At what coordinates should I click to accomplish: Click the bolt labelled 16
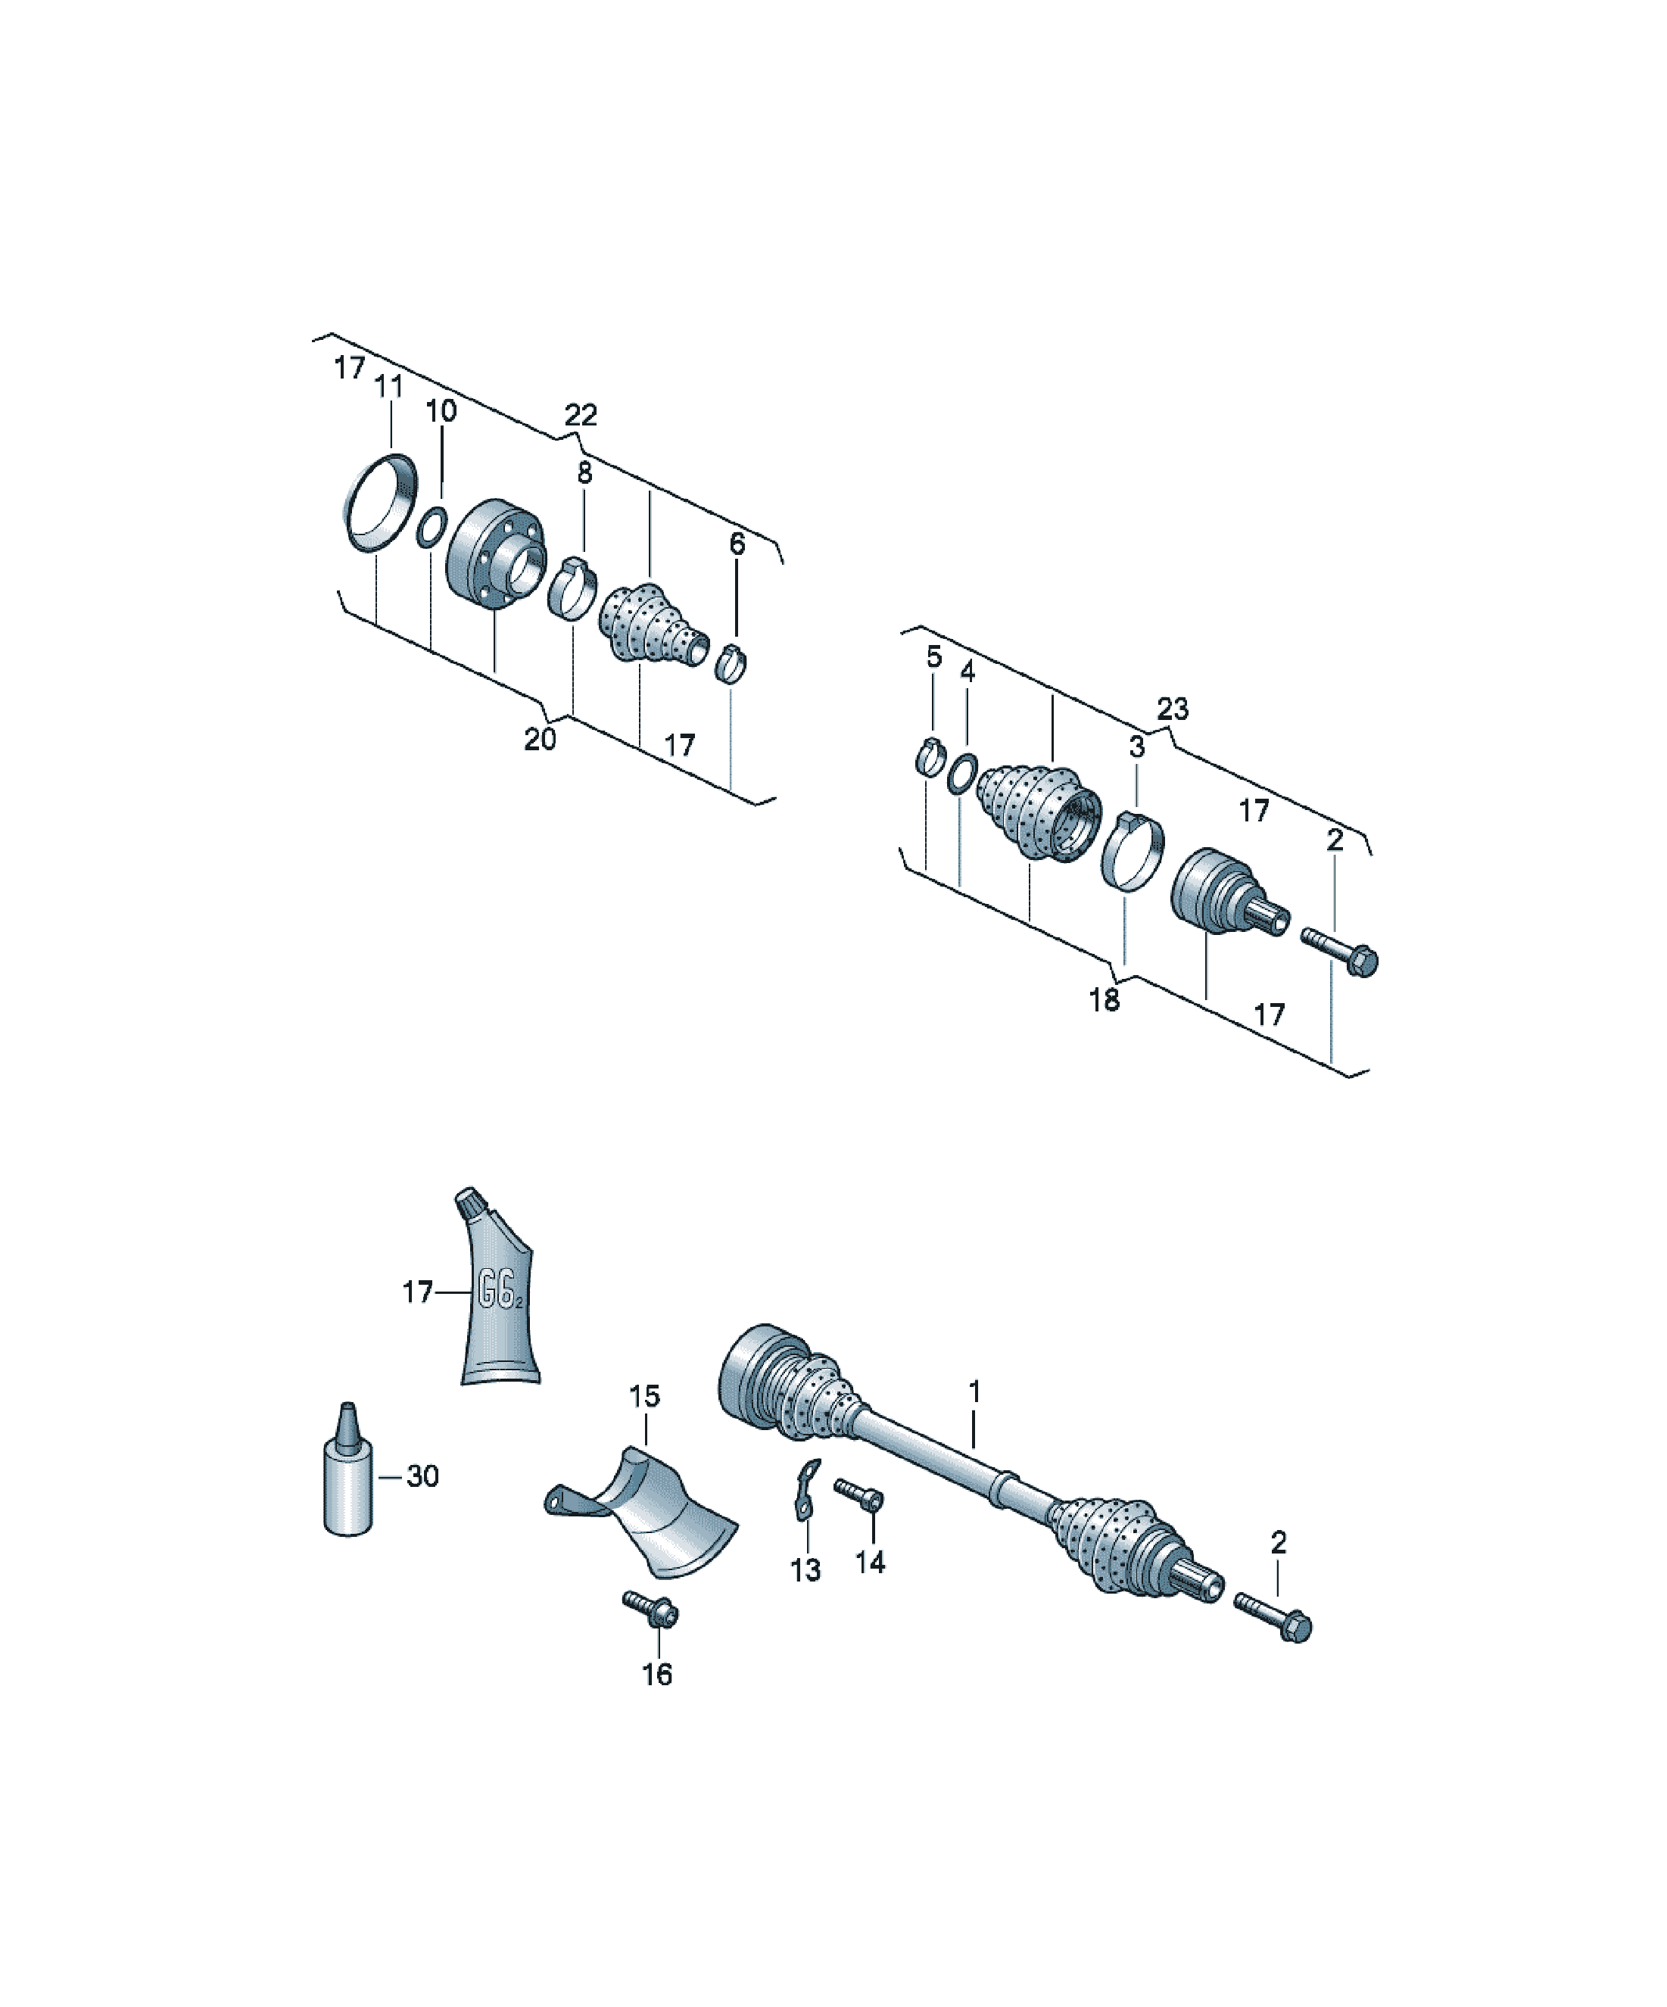[x=652, y=1610]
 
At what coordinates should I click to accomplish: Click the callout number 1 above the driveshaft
[x=975, y=1391]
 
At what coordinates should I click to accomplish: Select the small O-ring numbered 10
[x=432, y=528]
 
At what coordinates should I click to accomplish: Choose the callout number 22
[x=580, y=415]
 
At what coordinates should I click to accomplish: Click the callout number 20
[x=540, y=739]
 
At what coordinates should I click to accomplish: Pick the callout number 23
[x=1173, y=709]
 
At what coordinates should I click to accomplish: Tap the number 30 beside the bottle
[x=422, y=1476]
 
